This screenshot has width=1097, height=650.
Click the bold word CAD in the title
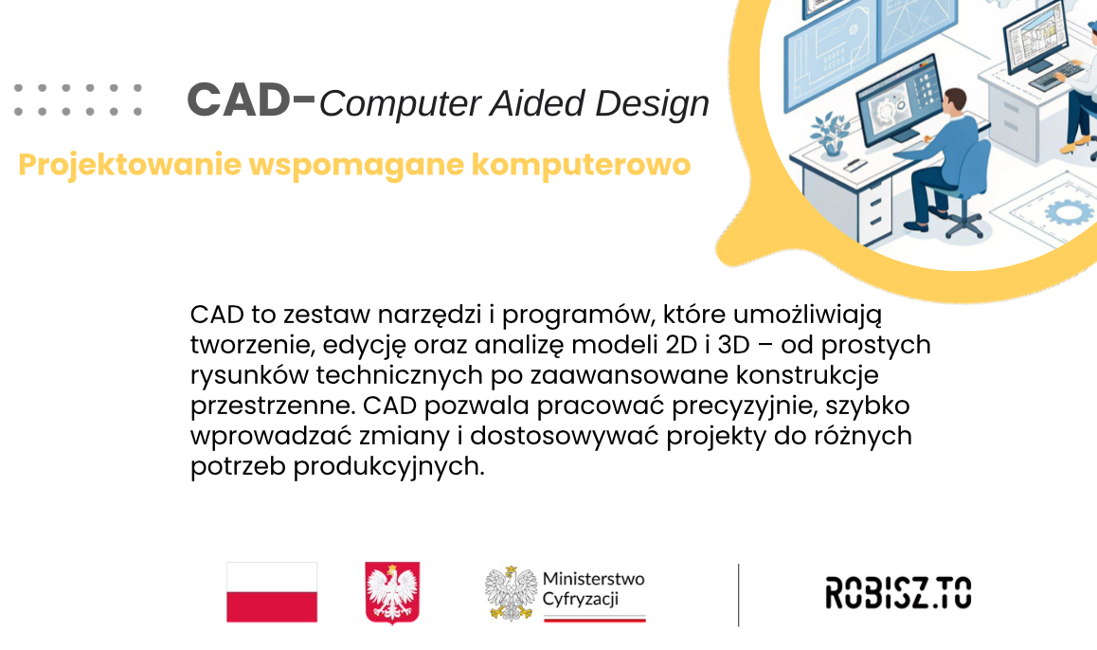coord(239,99)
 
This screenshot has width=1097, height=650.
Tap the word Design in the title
coord(652,103)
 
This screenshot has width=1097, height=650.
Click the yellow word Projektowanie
coord(130,165)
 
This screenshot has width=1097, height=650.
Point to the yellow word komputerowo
coord(581,165)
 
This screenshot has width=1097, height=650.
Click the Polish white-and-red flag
coord(272,592)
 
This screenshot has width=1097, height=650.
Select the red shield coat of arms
coord(392,592)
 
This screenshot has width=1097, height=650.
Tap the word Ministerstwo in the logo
coord(593,579)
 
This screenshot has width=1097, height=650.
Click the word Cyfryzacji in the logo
coord(581,599)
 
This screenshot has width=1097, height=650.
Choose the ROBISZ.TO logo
coord(898,592)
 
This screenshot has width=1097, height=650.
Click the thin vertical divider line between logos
coord(738,595)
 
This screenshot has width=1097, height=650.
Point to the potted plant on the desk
coord(831,134)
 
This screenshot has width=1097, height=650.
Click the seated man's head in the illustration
coord(953,101)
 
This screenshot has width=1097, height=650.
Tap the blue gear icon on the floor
coord(1067,210)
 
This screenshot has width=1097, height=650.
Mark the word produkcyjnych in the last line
coord(388,467)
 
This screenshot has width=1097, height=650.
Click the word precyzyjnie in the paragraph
coord(746,406)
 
